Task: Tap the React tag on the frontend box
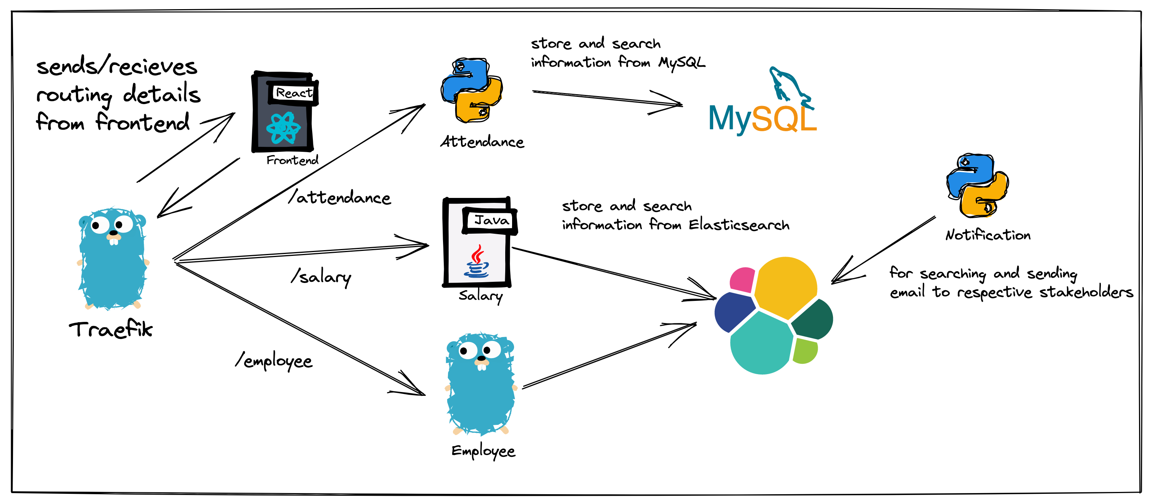point(293,93)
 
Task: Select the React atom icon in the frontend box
point(283,128)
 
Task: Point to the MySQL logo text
point(762,119)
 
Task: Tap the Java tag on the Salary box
point(491,220)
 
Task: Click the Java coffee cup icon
point(477,262)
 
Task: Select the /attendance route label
point(340,197)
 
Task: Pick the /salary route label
point(321,277)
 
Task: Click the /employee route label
point(274,361)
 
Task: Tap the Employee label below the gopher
point(483,451)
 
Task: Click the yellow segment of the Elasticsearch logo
point(785,286)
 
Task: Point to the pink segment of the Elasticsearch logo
point(742,280)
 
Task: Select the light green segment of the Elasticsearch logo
point(805,350)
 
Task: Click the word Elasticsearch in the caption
point(739,225)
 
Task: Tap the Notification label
point(988,235)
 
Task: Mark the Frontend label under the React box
point(292,160)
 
